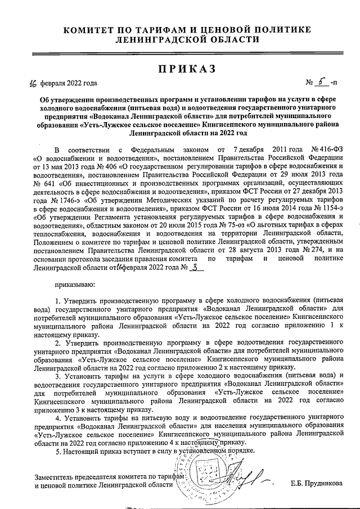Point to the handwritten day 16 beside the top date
click(32, 84)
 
